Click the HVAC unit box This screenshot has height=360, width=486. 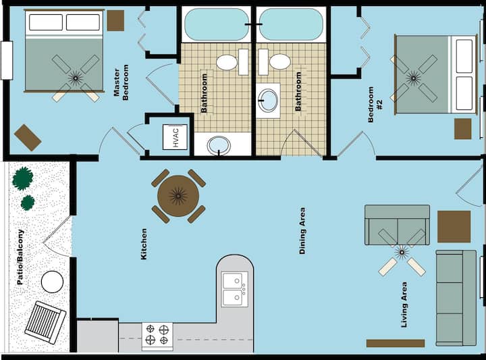(175, 137)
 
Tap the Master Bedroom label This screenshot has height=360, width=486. (121, 82)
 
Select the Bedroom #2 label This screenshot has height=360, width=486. (375, 105)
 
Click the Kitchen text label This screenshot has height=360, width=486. (144, 244)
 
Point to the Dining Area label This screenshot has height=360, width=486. (302, 231)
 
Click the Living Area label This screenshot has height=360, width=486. (404, 305)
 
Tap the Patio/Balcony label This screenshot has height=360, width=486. (20, 257)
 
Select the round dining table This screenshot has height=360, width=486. (178, 196)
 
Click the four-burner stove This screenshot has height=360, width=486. (157, 336)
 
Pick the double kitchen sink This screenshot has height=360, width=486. (235, 289)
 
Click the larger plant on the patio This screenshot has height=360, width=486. (23, 178)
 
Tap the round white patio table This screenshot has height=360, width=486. (52, 282)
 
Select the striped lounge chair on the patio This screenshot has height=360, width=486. (45, 322)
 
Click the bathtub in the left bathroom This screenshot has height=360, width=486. (217, 24)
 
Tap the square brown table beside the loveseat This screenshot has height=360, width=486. (454, 227)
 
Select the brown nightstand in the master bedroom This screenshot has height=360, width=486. (115, 20)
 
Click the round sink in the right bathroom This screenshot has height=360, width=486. (268, 101)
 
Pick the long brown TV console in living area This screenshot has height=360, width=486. (396, 343)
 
